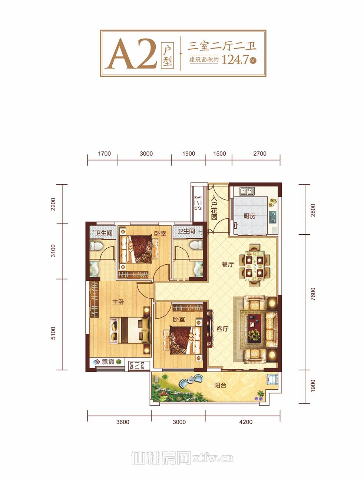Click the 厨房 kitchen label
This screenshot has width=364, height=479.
(249, 216)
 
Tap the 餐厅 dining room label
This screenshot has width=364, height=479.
(228, 264)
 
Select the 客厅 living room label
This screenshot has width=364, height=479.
(222, 328)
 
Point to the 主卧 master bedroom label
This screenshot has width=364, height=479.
(118, 302)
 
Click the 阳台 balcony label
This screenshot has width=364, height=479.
(220, 385)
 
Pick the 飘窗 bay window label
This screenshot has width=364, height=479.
(108, 362)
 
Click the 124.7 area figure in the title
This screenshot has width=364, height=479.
(235, 60)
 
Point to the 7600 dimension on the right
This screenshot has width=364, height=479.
(313, 294)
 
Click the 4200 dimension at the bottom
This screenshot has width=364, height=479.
(246, 422)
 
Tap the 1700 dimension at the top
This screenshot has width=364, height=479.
(104, 153)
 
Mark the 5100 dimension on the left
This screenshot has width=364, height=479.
(53, 333)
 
